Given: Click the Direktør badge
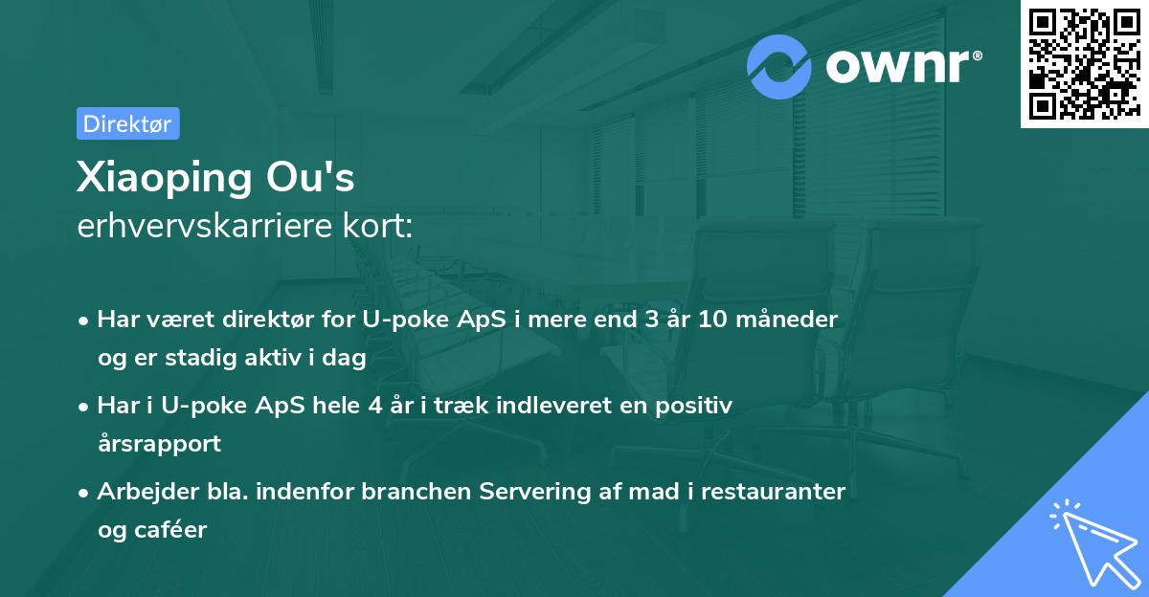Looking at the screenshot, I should [x=127, y=124].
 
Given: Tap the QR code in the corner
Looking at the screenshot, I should [x=1084, y=64].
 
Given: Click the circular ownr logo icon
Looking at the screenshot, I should [x=779, y=66].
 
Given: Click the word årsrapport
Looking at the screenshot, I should [x=159, y=443].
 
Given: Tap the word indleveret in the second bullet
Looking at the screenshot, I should [x=552, y=406].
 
